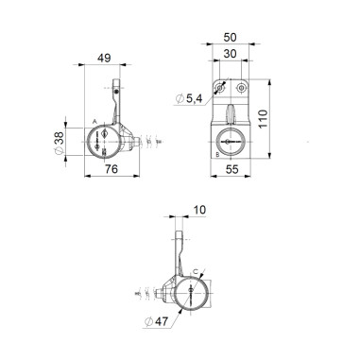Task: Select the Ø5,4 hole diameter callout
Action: coord(188,100)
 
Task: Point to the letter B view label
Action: coord(218,152)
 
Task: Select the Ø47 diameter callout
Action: coord(157,321)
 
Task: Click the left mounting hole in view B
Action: coord(218,88)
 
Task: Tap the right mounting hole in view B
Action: coord(242,88)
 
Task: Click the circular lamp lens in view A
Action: coord(104,142)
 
